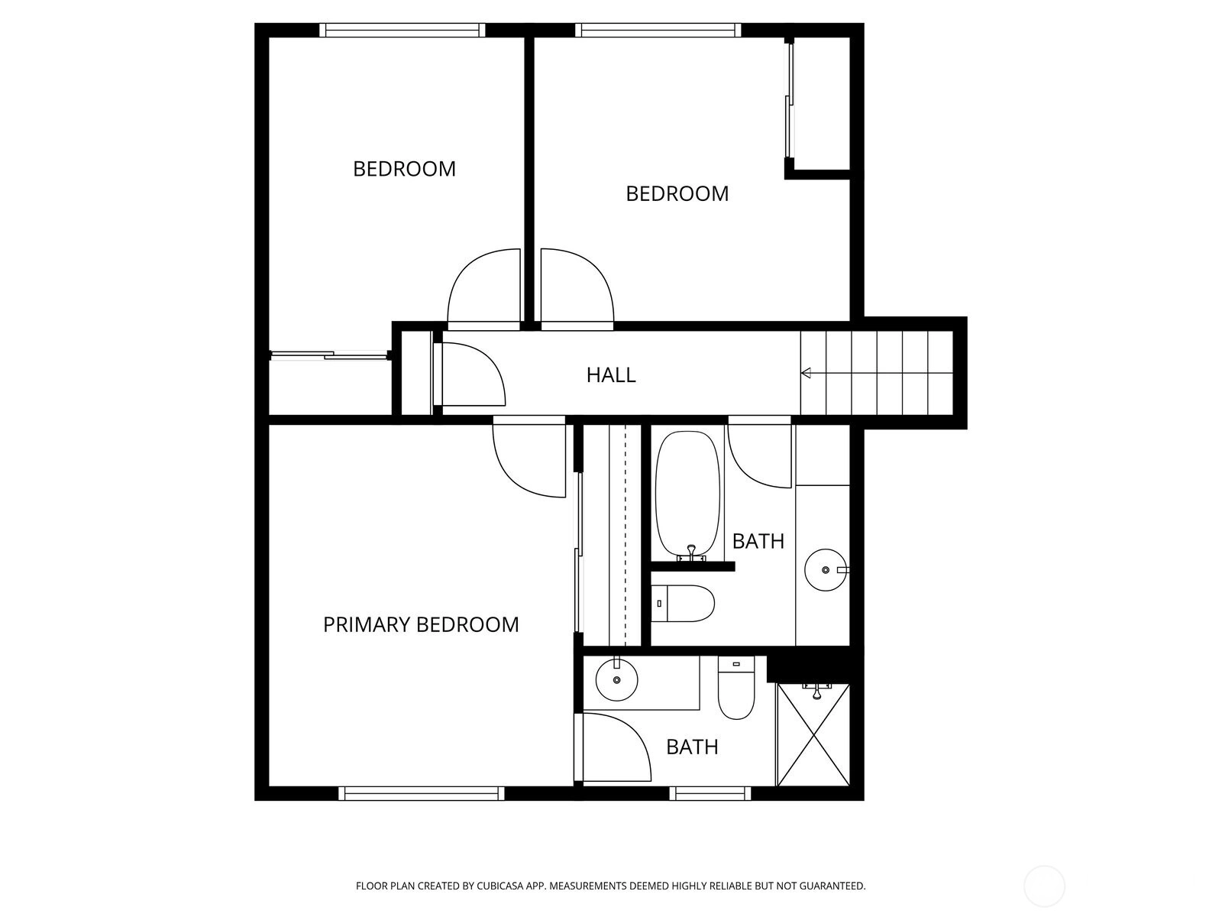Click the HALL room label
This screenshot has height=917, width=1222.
(611, 375)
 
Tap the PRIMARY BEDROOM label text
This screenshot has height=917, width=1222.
(421, 624)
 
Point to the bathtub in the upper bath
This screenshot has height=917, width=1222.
(687, 496)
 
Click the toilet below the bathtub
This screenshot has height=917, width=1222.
(683, 604)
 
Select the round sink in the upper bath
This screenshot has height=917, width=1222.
(826, 569)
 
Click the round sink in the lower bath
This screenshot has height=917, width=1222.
(617, 680)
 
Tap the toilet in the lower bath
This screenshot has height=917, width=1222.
(736, 689)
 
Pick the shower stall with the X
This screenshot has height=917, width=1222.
(813, 735)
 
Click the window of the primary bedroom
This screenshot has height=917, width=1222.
(422, 793)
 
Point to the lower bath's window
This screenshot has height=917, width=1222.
(710, 793)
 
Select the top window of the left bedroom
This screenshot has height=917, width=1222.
(402, 30)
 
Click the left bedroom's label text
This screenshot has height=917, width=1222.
(404, 169)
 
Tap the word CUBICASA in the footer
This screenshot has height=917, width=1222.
(500, 886)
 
